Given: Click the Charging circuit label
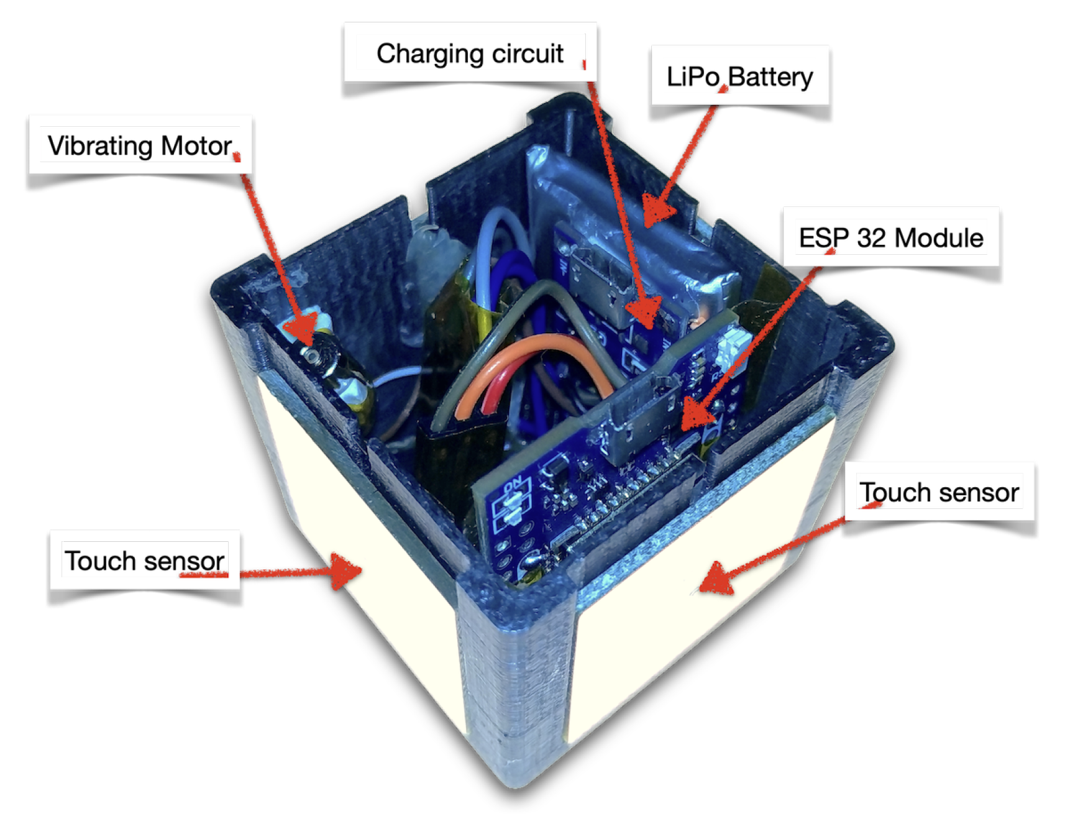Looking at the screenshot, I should pyautogui.click(x=470, y=53).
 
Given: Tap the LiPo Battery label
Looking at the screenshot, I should pyautogui.click(x=739, y=76).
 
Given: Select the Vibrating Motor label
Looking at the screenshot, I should pyautogui.click(x=140, y=145).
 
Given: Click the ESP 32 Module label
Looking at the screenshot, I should pyautogui.click(x=890, y=237).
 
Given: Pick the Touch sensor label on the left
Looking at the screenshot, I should pyautogui.click(x=144, y=561).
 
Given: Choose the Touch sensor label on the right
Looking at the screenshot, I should pyautogui.click(x=939, y=492).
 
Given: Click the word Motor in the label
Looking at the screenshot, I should pyautogui.click(x=196, y=145).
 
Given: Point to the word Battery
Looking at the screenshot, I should pyautogui.click(x=770, y=76).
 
